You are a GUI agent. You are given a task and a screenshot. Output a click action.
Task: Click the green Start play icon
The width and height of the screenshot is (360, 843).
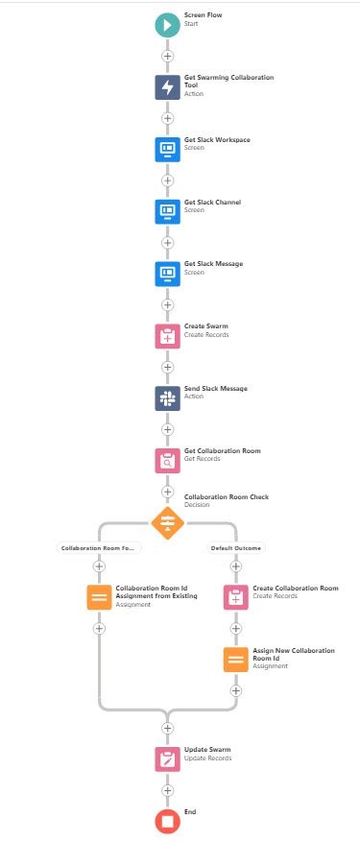tap(167, 26)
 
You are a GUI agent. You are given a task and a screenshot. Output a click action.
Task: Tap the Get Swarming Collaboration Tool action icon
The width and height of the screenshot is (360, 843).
tap(167, 87)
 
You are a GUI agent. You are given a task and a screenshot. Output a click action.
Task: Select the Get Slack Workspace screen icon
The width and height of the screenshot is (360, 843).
tap(167, 149)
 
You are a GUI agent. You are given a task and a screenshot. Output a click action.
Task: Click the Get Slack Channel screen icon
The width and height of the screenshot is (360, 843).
tap(167, 211)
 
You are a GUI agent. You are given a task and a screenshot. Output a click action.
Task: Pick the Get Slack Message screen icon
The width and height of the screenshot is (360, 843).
tap(167, 274)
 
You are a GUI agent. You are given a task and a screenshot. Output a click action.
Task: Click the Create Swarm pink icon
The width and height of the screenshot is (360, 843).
tap(167, 336)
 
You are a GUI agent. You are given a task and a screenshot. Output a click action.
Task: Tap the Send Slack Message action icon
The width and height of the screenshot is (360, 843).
tap(167, 398)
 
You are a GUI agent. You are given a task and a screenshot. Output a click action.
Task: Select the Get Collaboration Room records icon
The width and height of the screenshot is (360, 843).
tap(167, 461)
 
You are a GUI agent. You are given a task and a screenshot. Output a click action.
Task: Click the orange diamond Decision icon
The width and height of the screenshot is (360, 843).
tap(167, 523)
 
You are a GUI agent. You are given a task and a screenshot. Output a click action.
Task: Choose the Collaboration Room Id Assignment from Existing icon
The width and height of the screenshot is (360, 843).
tap(99, 597)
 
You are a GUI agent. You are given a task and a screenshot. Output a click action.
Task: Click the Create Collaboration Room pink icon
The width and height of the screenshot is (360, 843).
tap(236, 597)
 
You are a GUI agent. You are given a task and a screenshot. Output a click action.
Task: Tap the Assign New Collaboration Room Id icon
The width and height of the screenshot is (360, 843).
tap(236, 660)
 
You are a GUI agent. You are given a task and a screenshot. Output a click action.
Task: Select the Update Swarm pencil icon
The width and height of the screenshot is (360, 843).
tap(167, 758)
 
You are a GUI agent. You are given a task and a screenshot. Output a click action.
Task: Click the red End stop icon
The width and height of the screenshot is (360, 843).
tap(167, 820)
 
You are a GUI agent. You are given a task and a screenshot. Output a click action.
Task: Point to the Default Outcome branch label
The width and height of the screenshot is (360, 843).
tap(236, 547)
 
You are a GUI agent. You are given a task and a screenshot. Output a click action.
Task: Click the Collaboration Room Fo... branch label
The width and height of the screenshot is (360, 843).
tap(99, 547)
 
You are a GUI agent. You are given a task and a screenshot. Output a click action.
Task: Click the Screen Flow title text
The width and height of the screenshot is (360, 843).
tap(202, 15)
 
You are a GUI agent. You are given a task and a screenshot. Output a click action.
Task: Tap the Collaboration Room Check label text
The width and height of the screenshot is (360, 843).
tap(226, 496)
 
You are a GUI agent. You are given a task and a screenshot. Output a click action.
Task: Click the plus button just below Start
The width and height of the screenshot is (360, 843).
tap(167, 57)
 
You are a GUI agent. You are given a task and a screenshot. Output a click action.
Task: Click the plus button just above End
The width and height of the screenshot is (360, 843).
tap(167, 789)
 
